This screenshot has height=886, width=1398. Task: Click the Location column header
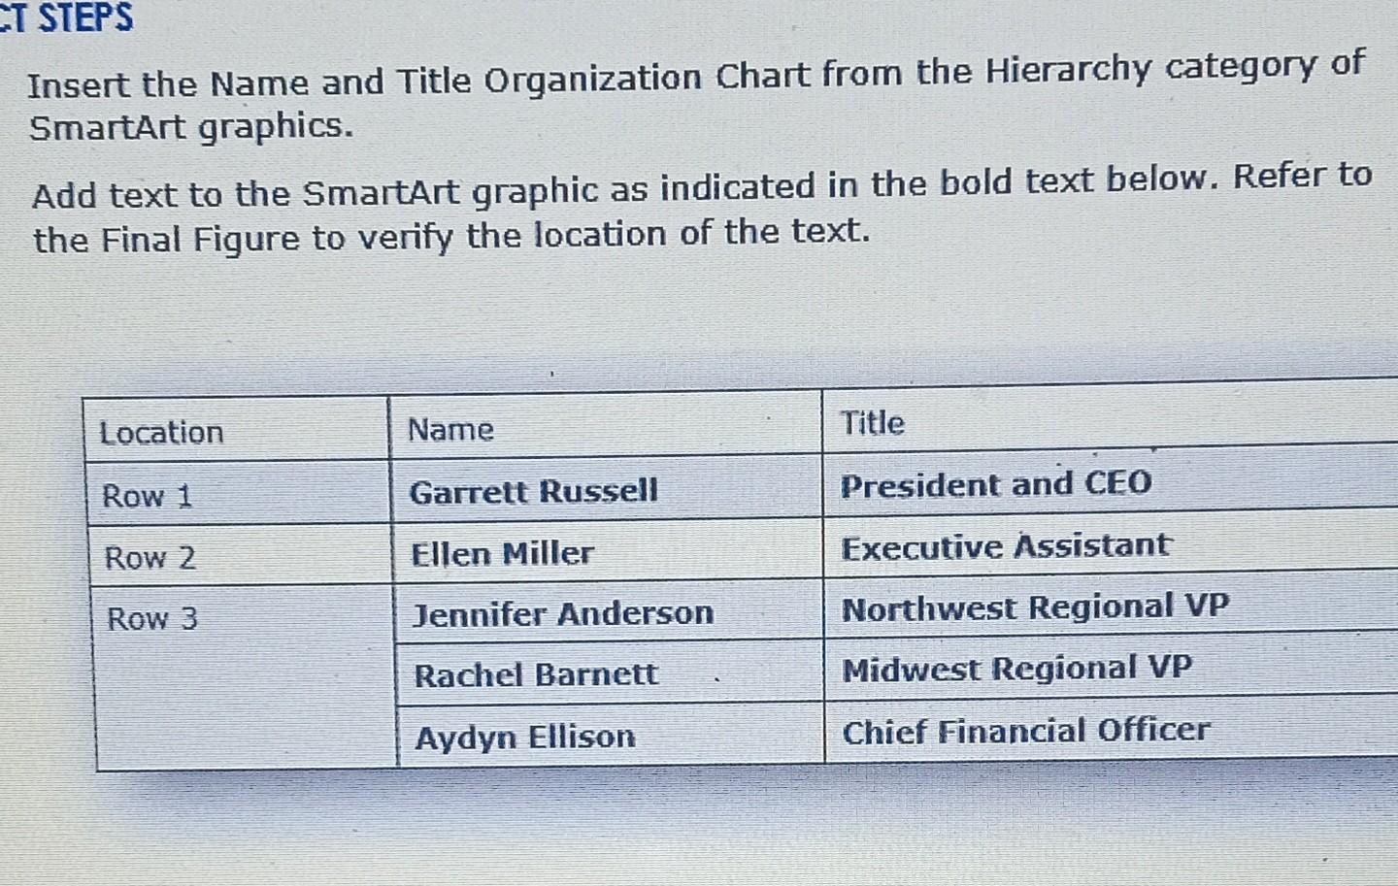point(161,432)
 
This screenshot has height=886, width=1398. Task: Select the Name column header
point(450,429)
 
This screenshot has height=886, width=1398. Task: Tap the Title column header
point(872,423)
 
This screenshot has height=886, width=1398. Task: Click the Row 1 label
point(147,496)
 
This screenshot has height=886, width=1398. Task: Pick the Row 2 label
point(150,558)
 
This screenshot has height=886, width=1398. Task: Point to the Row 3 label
point(151,618)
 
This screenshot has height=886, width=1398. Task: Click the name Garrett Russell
point(533,491)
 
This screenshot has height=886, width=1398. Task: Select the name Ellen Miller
point(501,553)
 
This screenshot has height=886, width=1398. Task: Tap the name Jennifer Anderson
point(563,613)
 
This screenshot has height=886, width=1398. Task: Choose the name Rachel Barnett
point(535,674)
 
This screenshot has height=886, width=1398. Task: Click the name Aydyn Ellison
point(524,738)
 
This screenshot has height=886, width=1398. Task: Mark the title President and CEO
point(995,484)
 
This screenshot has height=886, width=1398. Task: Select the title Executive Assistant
point(1005,546)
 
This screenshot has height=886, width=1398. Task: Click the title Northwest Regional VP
point(1034,608)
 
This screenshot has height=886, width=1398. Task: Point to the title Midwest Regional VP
point(1015,669)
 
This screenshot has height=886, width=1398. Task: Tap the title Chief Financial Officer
point(1025,731)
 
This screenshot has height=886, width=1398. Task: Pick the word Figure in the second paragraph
point(246,238)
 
